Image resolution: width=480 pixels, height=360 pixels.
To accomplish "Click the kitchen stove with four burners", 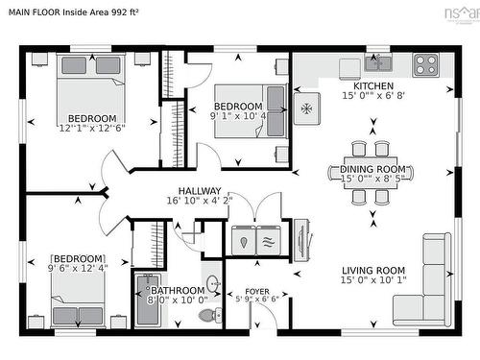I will pos(425,64).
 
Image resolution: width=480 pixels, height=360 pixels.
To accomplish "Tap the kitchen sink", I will pos(377,64).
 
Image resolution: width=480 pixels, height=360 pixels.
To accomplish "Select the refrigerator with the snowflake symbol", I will pos(307,108).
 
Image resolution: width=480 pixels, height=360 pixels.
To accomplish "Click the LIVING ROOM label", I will pos(372,270).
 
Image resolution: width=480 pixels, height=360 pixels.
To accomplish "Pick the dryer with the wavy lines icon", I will pos(270,240).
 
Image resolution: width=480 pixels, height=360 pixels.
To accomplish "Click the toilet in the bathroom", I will pos(206,313).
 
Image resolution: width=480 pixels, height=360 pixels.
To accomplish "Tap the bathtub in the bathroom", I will pos(148,299).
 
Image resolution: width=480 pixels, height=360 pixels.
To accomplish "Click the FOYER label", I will pos(257,290).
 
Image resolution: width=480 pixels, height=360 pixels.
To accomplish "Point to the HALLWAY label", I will pos(199,190).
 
